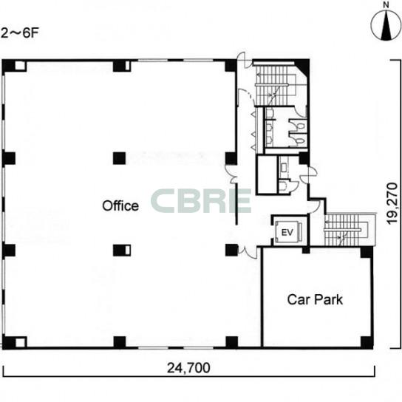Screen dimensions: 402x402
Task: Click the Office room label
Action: pos(120,205)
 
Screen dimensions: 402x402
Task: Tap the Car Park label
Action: pos(315,299)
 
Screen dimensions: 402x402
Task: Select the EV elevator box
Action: pos(287,232)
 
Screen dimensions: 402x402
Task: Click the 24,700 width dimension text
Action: pos(188,368)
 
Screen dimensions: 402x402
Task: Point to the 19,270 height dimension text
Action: pos(392,203)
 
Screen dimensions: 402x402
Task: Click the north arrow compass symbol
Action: pos(386,26)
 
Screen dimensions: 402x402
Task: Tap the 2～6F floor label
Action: pos(19,33)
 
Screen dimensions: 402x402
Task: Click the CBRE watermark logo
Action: pos(201,201)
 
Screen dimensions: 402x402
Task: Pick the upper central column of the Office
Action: pos(120,158)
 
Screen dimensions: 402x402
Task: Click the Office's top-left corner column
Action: pos(14,66)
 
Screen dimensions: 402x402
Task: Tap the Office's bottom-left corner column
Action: pos(14,342)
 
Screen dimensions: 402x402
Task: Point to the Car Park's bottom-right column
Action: pos(367,342)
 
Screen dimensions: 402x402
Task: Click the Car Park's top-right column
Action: pos(367,252)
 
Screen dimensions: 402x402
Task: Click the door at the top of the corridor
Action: pos(242,59)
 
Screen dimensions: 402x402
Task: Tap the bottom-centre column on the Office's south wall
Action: pos(120,342)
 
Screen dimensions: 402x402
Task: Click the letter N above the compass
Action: pos(386,5)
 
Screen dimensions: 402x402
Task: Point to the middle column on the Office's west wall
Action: pos(9,158)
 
